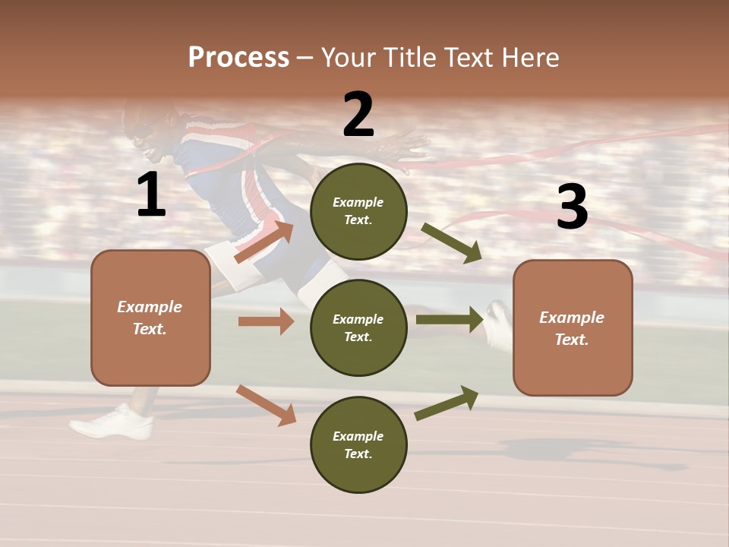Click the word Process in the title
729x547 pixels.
[238, 58]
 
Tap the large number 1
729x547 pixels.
[151, 196]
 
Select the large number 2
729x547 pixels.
[358, 115]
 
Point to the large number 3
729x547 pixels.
[572, 207]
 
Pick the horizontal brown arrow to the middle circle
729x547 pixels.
[266, 321]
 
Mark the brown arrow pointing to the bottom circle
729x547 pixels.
[266, 404]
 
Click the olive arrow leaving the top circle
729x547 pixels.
[452, 243]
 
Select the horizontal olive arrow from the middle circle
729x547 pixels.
[450, 319]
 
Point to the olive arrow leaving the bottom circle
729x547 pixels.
[447, 403]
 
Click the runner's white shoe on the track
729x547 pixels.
[114, 422]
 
